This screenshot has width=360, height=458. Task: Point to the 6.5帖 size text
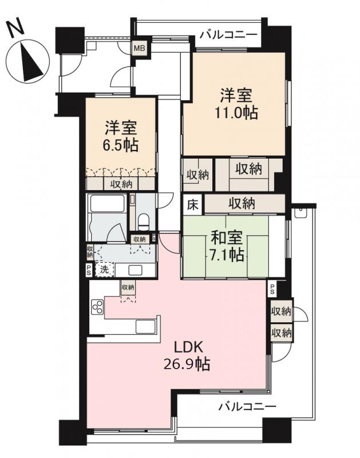tap(121, 145)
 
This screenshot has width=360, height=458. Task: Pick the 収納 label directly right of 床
tap(243, 203)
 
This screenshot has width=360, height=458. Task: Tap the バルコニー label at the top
tap(228, 35)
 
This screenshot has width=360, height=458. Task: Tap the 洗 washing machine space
tap(105, 270)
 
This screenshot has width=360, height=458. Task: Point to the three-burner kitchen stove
tap(96, 307)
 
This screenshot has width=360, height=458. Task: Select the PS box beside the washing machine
tap(89, 270)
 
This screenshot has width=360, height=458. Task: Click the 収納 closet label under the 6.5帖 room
tap(120, 184)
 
